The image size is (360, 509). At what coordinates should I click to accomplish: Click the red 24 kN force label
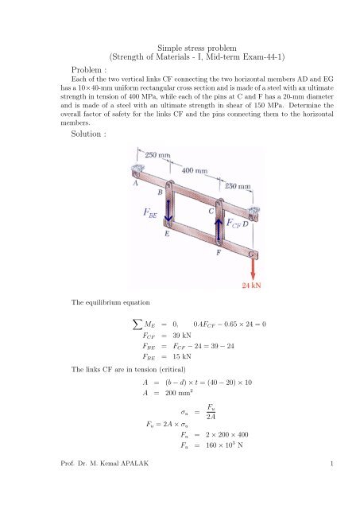tap(253, 283)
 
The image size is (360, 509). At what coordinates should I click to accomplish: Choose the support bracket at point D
tap(253, 213)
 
